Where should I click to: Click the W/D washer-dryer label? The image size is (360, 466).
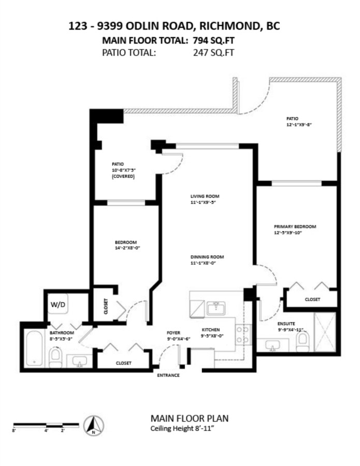pos(58,304)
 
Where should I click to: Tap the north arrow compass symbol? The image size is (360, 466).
pos(94,426)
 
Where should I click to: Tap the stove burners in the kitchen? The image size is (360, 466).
pos(242,335)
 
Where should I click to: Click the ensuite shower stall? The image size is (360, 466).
pos(325,331)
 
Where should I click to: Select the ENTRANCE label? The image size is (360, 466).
pos(168,375)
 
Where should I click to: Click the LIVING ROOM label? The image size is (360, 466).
pos(205,196)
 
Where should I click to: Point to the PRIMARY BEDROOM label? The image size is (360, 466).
pos(295,226)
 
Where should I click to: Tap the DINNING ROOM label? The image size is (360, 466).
pos(207,257)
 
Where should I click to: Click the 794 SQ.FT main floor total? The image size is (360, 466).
pos(213,40)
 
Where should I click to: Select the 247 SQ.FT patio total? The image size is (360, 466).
pos(213,53)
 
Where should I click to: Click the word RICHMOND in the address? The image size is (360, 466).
pos(230,26)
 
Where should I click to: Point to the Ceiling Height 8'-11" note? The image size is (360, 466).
pos(182,429)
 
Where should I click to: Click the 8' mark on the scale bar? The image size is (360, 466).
pos(14,430)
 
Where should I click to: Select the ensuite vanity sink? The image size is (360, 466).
pos(272,345)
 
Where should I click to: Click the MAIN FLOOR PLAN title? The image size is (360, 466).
pos(190,418)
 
